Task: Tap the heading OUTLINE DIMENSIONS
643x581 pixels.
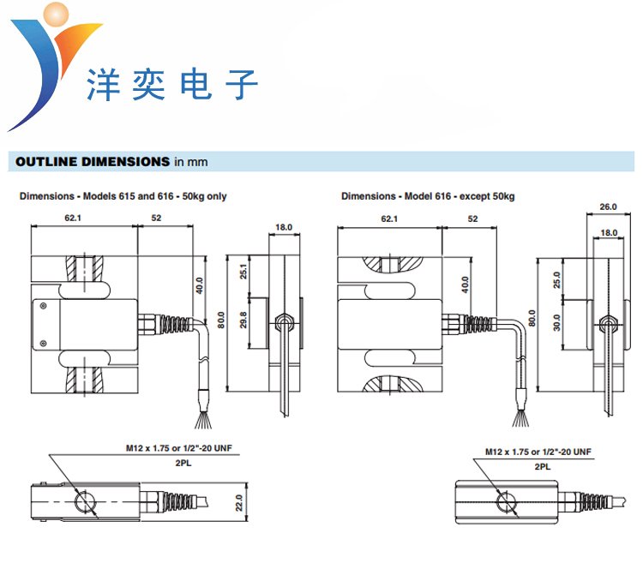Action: (x=93, y=161)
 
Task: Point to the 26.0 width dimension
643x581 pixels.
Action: (x=609, y=207)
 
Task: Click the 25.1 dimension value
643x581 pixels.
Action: (x=243, y=273)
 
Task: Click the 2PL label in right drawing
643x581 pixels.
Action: (x=542, y=467)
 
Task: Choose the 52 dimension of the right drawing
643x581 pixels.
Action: (x=472, y=219)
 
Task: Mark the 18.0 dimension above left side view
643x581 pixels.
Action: (x=284, y=227)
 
